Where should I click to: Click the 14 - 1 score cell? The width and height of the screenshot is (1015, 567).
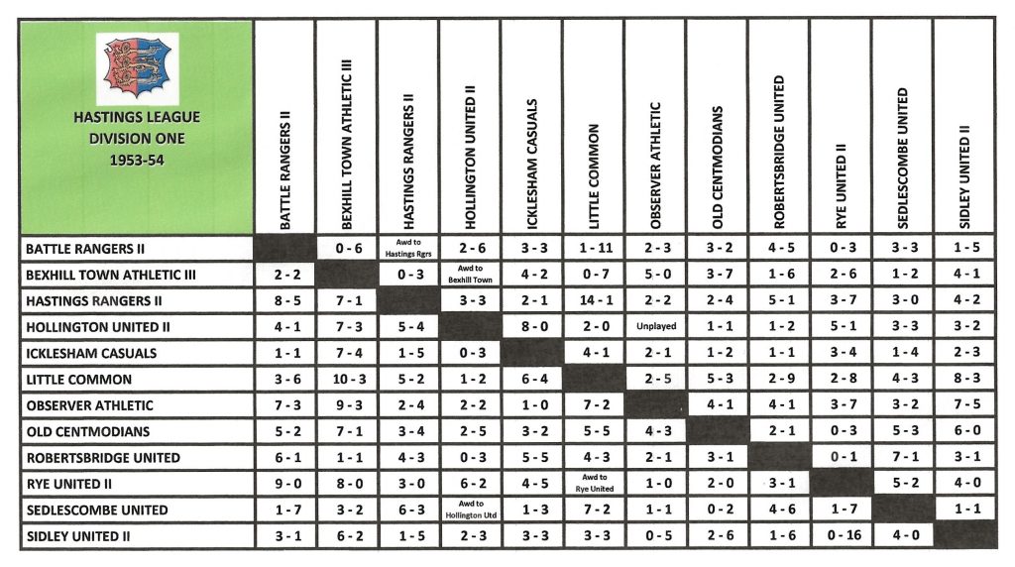click(593, 300)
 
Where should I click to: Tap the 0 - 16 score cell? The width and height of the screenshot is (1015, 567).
click(841, 536)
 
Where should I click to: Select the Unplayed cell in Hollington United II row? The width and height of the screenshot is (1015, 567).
click(654, 326)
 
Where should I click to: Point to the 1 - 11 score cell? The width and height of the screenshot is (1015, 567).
click(593, 248)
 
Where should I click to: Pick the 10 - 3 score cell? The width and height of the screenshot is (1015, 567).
click(346, 379)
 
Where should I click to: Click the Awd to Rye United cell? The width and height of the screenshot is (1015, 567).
click(593, 484)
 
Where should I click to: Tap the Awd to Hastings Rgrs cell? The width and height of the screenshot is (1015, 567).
click(407, 248)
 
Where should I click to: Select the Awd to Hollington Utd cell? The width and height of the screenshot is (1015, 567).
click(469, 510)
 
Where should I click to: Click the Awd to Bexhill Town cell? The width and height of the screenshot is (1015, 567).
click(469, 274)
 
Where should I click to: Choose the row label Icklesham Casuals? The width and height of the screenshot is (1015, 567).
click(92, 353)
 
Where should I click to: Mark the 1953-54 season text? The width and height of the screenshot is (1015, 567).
click(137, 159)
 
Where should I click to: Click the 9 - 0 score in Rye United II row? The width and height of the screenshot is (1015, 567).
click(284, 484)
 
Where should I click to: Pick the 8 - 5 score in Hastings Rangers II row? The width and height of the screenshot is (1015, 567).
click(284, 300)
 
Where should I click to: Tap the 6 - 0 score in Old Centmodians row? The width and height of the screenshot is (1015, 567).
click(963, 431)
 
